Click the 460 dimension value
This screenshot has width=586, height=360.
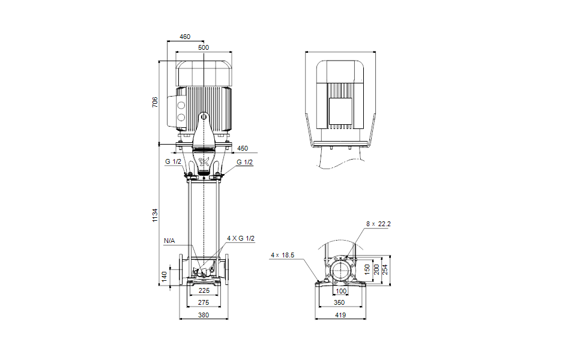[185, 37]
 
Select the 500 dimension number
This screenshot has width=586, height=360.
[204, 47]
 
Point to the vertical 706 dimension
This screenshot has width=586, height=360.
[155, 102]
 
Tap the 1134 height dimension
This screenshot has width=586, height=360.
[155, 215]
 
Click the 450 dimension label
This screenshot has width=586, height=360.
[243, 148]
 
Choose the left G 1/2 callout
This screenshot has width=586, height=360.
[173, 162]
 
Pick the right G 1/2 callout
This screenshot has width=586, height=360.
[245, 162]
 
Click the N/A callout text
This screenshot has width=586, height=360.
[169, 241]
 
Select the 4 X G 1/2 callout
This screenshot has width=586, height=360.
[241, 238]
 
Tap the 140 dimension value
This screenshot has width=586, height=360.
[164, 277]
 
